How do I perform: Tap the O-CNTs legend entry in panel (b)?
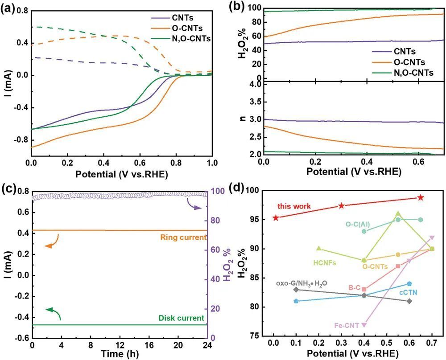(x=399, y=61)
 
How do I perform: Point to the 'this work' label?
(x=294, y=206)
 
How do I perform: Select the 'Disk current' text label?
(x=181, y=318)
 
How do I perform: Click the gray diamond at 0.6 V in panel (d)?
(x=409, y=301)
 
